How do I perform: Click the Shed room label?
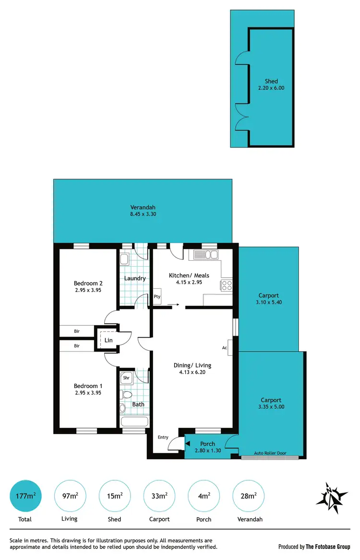point(271,81)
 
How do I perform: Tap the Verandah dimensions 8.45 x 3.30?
point(143,214)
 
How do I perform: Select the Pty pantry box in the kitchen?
point(157,296)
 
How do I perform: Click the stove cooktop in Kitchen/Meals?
point(227,285)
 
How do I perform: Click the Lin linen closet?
point(108,340)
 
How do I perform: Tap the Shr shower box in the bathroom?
point(126,378)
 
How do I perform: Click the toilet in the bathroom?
point(126,395)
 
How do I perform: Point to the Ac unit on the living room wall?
point(229,347)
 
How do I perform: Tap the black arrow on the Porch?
point(188,444)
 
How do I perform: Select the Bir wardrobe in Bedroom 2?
point(77,331)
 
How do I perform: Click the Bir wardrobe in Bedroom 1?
point(77,345)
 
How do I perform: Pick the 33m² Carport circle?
point(159,496)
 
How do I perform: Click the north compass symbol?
point(331,495)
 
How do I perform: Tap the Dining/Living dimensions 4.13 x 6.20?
point(192,372)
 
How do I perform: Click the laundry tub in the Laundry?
point(124,260)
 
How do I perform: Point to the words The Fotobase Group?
point(328,547)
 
